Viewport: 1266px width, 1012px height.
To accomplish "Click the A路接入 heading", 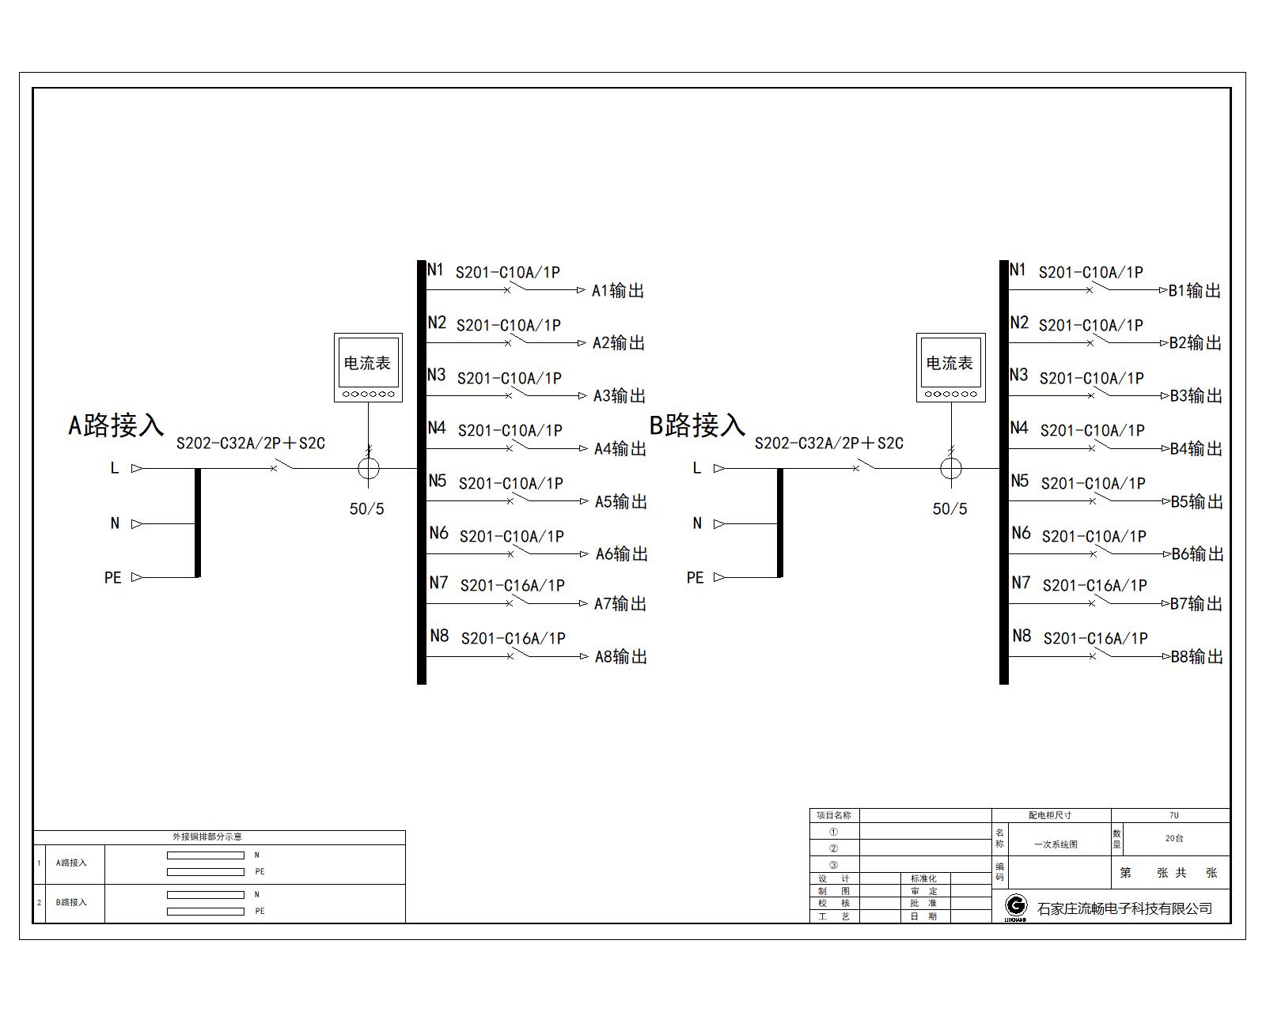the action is [x=116, y=425].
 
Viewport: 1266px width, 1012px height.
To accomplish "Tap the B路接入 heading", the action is [x=697, y=425].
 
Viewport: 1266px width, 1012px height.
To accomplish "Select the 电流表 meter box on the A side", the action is [x=368, y=368].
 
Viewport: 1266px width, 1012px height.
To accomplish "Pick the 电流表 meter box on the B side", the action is [x=950, y=368].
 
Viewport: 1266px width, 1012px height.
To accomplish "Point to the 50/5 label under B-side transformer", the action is [x=949, y=508].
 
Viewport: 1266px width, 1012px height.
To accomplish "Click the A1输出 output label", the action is [x=618, y=290].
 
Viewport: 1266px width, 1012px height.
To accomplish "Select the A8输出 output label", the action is [x=620, y=656].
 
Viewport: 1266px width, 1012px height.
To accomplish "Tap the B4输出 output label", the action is [x=1196, y=448].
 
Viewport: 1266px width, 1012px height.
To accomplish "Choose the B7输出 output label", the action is [x=1196, y=603].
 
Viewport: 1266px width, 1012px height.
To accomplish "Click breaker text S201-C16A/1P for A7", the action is [x=513, y=586].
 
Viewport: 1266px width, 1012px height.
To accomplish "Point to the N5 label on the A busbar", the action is [x=437, y=481].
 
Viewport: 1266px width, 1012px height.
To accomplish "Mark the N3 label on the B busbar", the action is [x=1019, y=375].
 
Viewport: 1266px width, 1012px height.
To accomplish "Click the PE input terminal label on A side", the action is [x=112, y=577].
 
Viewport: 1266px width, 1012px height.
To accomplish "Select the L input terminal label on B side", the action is [x=697, y=468].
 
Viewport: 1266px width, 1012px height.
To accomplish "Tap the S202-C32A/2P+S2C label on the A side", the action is [x=251, y=443].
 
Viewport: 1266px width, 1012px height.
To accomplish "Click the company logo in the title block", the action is [x=1016, y=908].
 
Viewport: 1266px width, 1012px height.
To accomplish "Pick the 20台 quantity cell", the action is [x=1173, y=838].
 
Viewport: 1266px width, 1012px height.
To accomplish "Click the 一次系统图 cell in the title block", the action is [x=1056, y=844].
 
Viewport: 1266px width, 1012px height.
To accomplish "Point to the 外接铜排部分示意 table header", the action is [x=207, y=836].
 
